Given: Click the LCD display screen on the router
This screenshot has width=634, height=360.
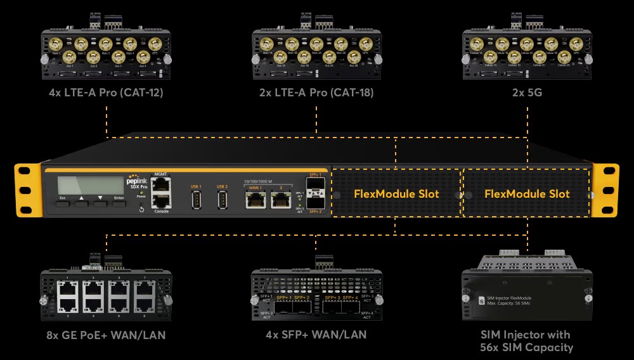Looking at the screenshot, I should coord(91,185).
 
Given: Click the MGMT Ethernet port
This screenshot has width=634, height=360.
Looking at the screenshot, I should coord(161,186).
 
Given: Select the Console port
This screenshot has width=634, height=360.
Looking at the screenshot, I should coord(161,202).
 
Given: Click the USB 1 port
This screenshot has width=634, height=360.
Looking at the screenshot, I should coord(196,200).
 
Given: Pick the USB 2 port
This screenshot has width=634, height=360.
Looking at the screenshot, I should coord(222,200).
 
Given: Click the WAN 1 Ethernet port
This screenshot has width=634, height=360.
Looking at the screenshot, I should coord(256,200).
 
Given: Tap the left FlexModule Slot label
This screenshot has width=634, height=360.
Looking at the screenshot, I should coord(396,194).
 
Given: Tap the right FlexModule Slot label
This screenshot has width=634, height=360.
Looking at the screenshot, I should coord(527,194).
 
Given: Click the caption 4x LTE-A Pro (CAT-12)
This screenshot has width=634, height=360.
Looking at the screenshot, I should coord(107,93).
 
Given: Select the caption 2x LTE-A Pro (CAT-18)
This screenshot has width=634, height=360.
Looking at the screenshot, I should coord(316,93).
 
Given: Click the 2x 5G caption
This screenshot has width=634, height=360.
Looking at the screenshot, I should coord(527,93).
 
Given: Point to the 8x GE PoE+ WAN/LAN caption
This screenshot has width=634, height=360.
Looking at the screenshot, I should coord(106,335).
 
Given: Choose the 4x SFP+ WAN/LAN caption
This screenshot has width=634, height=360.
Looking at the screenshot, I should coord(316,335).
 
